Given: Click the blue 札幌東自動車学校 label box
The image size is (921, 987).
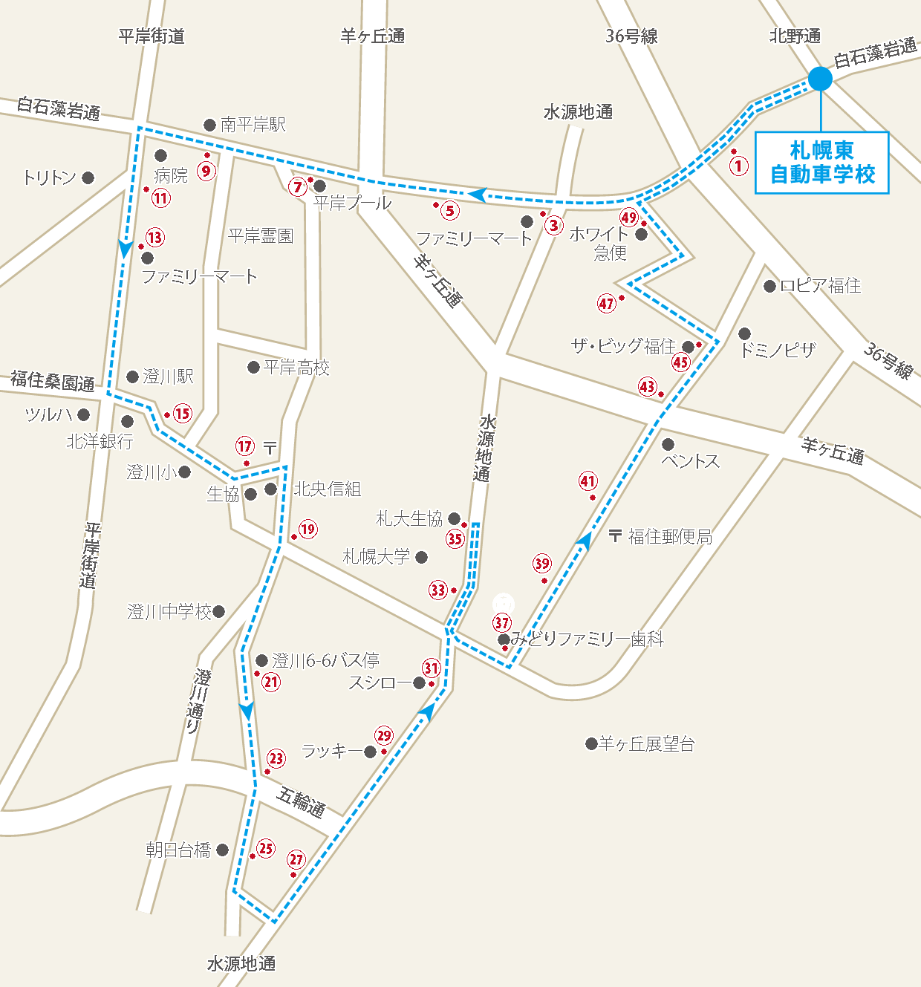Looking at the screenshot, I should tap(821, 163).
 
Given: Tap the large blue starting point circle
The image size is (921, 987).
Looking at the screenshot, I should tap(820, 79).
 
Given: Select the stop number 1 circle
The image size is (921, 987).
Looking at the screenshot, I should tap(738, 165).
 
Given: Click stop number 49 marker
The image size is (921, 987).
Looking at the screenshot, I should tap(629, 217).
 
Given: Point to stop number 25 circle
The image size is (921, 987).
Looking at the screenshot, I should tap(266, 848).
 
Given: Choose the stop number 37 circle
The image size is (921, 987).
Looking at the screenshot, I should tap(502, 622).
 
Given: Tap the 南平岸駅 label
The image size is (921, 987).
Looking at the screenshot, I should tap(253, 125).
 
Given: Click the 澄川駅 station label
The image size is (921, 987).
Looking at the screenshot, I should tap(168, 377).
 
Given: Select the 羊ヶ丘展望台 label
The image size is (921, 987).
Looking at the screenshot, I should tap(647, 743).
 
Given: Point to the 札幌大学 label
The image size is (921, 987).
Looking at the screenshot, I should tap(376, 556).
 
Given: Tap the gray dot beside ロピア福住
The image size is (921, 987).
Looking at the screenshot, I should tap(769, 286).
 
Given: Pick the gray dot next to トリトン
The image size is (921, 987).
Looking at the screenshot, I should tap(88, 177).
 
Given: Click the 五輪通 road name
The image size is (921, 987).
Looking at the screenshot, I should tap(301, 801).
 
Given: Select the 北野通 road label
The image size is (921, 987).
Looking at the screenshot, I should tap(795, 36).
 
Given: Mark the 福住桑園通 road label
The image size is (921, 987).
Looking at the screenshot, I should tap(53, 382).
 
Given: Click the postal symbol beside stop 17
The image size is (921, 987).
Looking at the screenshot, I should tap(270, 447).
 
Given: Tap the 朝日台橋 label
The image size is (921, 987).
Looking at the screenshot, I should tap(178, 850).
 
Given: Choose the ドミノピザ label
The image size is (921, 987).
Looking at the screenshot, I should tap(778, 349).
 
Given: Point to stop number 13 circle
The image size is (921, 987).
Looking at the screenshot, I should tap(154, 238).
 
